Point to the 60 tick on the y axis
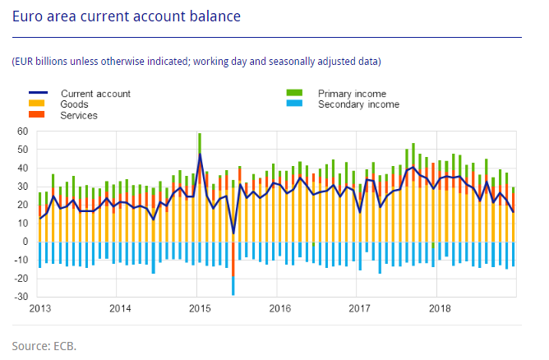22,132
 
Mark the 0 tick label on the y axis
25,242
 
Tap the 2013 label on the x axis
40,309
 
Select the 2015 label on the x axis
200,309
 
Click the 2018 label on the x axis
439,309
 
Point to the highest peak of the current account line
200,155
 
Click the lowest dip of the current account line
233,233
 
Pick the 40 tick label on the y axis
22,168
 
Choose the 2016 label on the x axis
279,309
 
